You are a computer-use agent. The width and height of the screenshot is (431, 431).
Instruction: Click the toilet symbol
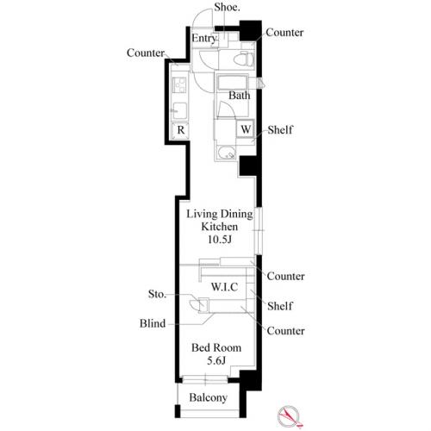pyautogui.click(x=243, y=59)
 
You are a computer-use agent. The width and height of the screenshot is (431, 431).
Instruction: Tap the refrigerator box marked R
pyautogui.click(x=180, y=130)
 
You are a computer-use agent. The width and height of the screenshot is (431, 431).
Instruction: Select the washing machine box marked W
pyautogui.click(x=245, y=128)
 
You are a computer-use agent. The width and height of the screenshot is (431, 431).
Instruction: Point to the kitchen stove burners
pyautogui.click(x=179, y=85)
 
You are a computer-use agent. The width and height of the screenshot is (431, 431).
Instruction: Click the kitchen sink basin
pyautogui.click(x=179, y=111)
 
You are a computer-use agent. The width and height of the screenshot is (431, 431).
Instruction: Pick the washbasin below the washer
pyautogui.click(x=226, y=153)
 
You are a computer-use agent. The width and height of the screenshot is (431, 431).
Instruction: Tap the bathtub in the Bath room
pyautogui.click(x=232, y=82)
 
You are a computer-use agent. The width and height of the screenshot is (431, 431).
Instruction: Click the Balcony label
pyautogui.click(x=209, y=397)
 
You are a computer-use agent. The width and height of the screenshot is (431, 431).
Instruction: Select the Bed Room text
pyautogui.click(x=216, y=347)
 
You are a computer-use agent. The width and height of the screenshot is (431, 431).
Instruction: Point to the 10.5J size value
pyautogui.click(x=220, y=240)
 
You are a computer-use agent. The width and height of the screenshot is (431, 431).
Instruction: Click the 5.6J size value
pyautogui.click(x=216, y=360)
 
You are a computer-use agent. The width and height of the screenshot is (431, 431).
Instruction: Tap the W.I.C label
pyautogui.click(x=224, y=287)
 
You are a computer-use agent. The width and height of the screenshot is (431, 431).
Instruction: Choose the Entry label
pyautogui.click(x=203, y=38)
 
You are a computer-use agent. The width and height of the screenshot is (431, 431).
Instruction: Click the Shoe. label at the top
pyautogui.click(x=227, y=8)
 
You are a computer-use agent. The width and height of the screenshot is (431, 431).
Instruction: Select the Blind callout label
pyautogui.click(x=153, y=323)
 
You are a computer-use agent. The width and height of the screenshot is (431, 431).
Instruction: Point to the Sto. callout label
pyautogui.click(x=157, y=294)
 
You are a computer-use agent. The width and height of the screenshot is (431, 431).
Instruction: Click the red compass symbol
pyautogui.click(x=290, y=415)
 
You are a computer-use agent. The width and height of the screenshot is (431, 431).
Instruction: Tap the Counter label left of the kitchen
pyautogui.click(x=146, y=53)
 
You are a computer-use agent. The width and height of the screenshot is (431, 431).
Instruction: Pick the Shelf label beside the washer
pyautogui.click(x=280, y=130)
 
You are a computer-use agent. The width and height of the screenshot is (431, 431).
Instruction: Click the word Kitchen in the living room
pyautogui.click(x=220, y=227)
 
